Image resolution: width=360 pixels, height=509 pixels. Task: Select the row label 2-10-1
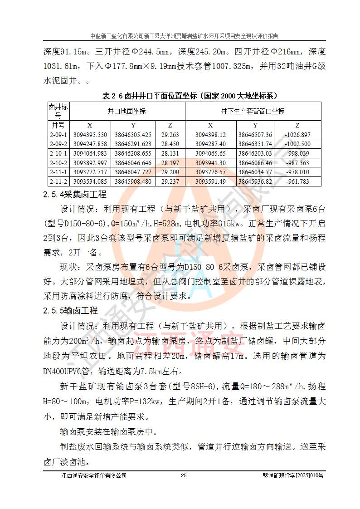58,153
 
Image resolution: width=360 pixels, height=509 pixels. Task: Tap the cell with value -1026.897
297,135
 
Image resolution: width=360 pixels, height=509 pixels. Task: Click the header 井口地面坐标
127,111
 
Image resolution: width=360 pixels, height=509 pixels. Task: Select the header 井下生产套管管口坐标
253,111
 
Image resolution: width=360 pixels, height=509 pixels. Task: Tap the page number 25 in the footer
184,475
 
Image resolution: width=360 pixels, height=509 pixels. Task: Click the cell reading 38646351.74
255,144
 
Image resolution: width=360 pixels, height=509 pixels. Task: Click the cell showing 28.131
170,153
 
